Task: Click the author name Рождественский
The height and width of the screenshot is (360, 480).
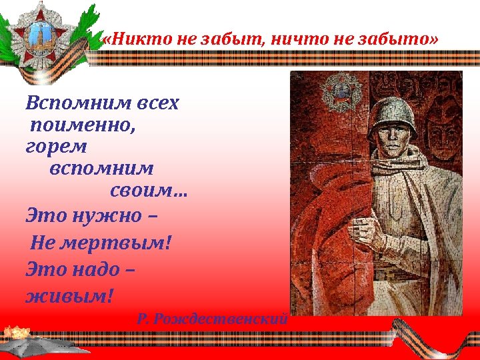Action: pyautogui.click(x=221, y=319)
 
